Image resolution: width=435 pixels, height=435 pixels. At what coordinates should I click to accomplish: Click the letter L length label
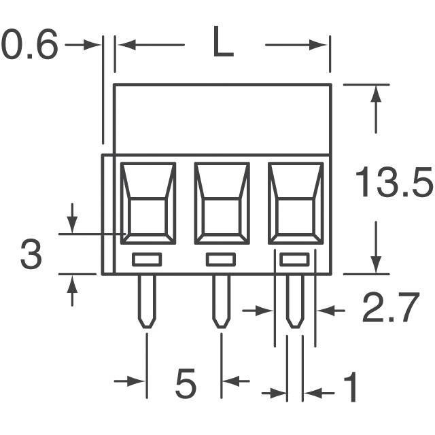[x=223, y=45]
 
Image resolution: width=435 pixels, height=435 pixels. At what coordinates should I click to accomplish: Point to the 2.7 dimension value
[x=389, y=310]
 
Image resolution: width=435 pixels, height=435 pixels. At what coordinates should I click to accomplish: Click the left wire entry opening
[x=148, y=203]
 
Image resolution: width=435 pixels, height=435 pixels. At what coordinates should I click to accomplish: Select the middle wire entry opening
[x=222, y=203]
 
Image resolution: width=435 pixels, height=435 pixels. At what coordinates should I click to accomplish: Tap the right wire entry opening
[x=295, y=203]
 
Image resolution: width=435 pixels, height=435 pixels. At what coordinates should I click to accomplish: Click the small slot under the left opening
[x=147, y=259]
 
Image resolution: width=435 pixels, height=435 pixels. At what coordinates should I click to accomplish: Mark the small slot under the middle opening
[x=221, y=259]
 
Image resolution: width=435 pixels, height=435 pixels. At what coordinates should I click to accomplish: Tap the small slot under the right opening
[x=294, y=259]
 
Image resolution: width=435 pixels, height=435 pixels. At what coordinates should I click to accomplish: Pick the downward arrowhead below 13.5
[x=375, y=266]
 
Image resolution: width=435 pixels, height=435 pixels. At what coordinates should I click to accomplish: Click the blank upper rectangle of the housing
[x=222, y=119]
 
